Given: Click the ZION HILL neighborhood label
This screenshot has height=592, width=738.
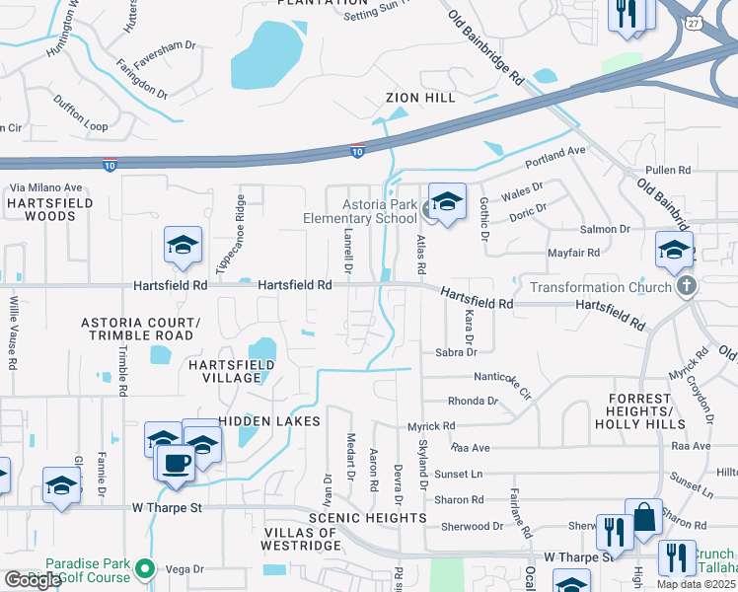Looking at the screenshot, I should click(x=420, y=99).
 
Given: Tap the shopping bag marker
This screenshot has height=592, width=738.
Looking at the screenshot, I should click(x=643, y=517).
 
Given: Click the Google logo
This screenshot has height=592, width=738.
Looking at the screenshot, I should click(x=33, y=580).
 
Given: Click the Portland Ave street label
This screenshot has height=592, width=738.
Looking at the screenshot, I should click(x=555, y=156).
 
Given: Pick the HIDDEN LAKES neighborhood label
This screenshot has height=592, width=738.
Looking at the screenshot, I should click(x=269, y=421).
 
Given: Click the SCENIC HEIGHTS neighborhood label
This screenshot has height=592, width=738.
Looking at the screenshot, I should click(x=367, y=517).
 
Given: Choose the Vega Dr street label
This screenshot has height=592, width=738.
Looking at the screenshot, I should click(x=184, y=569).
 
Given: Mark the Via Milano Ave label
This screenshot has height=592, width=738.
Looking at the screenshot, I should click(x=45, y=187).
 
